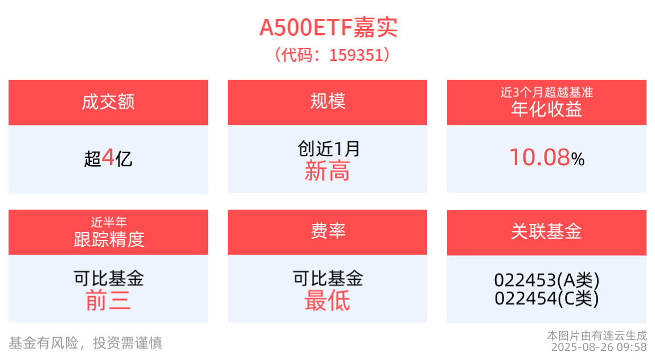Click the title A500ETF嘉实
tap(328, 27)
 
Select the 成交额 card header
tap(108, 102)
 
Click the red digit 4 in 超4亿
tap(108, 157)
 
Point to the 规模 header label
tap(327, 101)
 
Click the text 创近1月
tap(328, 149)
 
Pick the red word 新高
tap(327, 171)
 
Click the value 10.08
tap(539, 158)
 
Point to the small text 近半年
tap(108, 222)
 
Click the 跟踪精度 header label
tap(108, 239)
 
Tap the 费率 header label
tap(327, 231)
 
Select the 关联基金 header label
tap(546, 231)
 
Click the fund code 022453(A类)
tap(546, 280)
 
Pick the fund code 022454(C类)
tap(546, 298)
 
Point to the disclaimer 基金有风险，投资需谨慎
tap(85, 342)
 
